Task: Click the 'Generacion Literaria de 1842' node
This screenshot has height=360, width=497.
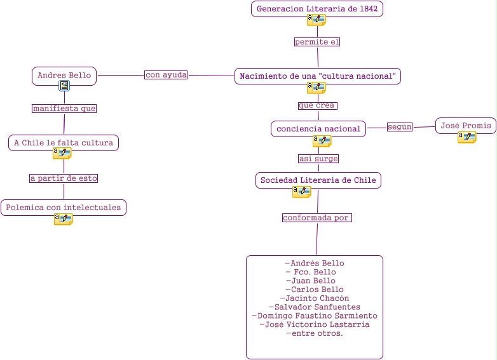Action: point(317,9)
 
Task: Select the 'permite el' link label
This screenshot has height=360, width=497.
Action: point(317,42)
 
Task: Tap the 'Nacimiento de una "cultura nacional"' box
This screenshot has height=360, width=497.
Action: point(317,76)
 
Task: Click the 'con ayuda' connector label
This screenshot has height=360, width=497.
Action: point(166,75)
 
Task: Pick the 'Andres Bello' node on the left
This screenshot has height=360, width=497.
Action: point(64,76)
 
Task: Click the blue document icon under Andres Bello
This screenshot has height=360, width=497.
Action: point(64,86)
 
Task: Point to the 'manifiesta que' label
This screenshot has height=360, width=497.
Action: point(64,109)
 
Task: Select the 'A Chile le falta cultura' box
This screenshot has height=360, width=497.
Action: point(64,143)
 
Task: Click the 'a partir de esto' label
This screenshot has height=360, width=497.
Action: point(64,178)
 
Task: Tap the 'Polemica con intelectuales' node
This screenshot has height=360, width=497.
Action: point(64,208)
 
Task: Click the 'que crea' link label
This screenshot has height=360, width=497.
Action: point(317,105)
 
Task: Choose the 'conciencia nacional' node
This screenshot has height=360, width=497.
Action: point(318,129)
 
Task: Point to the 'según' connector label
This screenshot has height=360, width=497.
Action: point(400,127)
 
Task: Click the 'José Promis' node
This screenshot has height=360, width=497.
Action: point(466,126)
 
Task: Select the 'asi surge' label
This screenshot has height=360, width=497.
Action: point(318,159)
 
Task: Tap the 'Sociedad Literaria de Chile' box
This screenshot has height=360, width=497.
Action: point(318,180)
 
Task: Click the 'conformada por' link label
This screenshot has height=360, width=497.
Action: point(317,218)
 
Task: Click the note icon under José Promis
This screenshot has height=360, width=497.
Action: point(466,137)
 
